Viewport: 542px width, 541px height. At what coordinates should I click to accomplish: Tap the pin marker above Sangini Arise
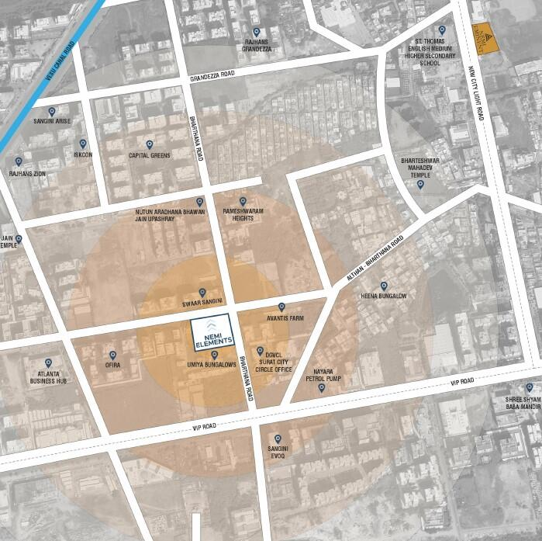coord(52,112)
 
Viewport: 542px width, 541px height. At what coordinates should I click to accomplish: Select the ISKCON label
coord(83,154)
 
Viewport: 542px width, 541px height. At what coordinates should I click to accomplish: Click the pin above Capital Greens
coord(149,144)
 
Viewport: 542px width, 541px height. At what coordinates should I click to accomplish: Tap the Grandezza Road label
coord(212,78)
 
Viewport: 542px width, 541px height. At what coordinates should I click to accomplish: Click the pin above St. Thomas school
coord(442,30)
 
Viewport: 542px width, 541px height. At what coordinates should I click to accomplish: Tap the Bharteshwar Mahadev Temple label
coord(420,167)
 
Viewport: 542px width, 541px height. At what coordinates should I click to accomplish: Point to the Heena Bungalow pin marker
coord(383,286)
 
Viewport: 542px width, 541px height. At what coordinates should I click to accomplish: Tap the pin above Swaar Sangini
coord(202,292)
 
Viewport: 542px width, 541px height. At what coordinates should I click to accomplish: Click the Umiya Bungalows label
coord(211,364)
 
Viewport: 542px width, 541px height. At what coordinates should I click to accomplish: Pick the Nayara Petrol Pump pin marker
coord(322,387)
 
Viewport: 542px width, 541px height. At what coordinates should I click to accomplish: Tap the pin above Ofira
coord(112,355)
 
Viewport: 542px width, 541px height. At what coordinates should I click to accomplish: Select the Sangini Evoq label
coord(278,453)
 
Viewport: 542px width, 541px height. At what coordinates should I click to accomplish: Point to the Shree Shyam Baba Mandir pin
coord(530,387)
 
